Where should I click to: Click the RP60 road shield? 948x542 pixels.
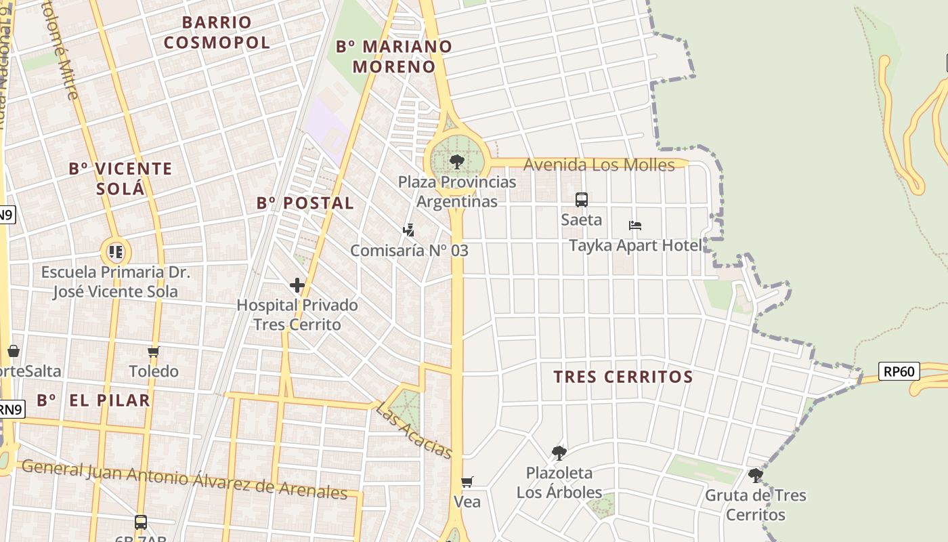pyautogui.click(x=899, y=371)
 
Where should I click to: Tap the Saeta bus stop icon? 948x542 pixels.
pyautogui.click(x=582, y=200)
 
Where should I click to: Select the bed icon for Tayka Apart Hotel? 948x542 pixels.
pyautogui.click(x=634, y=226)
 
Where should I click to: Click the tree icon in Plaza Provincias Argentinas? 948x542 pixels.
pyautogui.click(x=456, y=162)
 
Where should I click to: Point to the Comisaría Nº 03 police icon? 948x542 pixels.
pyautogui.click(x=408, y=231)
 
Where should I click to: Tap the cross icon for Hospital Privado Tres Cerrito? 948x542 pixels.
pyautogui.click(x=297, y=285)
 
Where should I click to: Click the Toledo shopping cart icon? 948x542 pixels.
pyautogui.click(x=154, y=352)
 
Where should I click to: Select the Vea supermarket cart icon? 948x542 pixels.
pyautogui.click(x=467, y=482)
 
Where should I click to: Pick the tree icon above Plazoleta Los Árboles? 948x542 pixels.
pyautogui.click(x=559, y=453)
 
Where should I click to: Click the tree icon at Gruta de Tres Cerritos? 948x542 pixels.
pyautogui.click(x=755, y=476)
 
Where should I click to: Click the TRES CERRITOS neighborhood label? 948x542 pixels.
pyautogui.click(x=623, y=377)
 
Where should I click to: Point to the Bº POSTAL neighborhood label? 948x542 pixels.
pyautogui.click(x=305, y=203)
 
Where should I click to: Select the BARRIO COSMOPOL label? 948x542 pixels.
pyautogui.click(x=217, y=33)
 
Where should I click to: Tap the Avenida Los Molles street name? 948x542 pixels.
pyautogui.click(x=599, y=165)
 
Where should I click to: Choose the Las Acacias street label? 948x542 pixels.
pyautogui.click(x=414, y=431)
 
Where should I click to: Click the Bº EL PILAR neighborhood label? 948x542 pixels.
pyautogui.click(x=93, y=400)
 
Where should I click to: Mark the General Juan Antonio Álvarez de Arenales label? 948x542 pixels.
pyautogui.click(x=184, y=479)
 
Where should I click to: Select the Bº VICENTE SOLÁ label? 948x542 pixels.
pyautogui.click(x=121, y=178)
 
